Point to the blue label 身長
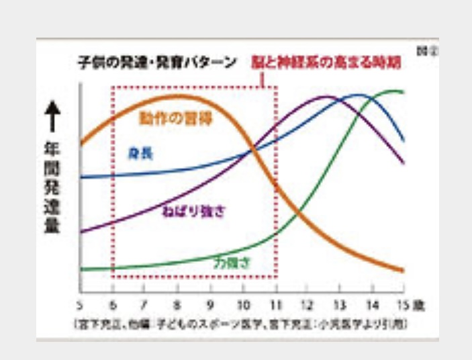(x=140, y=154)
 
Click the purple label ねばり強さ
(x=194, y=212)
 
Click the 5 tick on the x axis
(x=80, y=304)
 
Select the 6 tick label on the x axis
(x=112, y=304)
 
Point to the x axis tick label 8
(x=177, y=304)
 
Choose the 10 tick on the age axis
(x=242, y=304)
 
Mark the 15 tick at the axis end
(x=403, y=304)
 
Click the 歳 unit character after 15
(x=419, y=304)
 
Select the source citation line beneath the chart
(x=242, y=324)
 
